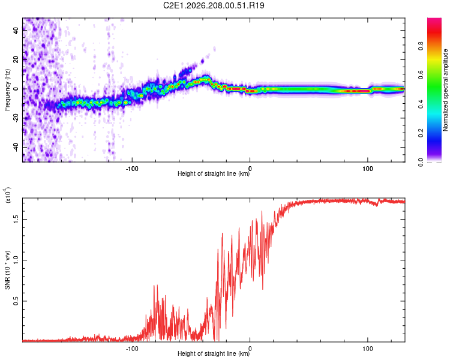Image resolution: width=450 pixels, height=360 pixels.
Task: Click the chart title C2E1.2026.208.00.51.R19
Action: click(214, 5)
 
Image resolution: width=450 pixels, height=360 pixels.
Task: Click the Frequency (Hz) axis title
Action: click(7, 90)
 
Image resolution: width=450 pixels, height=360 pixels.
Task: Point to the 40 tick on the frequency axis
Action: click(16, 30)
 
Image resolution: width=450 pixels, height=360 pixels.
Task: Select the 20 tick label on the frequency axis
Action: click(16, 59)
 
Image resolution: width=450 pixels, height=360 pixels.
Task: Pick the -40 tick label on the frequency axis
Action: click(16, 146)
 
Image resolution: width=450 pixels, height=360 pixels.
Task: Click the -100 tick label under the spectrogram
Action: click(132, 169)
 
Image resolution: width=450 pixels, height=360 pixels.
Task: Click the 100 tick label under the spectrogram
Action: click(368, 169)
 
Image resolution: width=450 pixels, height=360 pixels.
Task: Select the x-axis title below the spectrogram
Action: click(214, 173)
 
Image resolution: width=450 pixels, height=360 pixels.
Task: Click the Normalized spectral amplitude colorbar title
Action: click(445, 90)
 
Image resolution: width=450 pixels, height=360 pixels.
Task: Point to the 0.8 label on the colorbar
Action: click(421, 46)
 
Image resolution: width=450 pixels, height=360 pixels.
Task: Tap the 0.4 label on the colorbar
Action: click(421, 104)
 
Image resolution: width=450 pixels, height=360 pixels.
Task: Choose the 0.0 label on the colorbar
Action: click(421, 162)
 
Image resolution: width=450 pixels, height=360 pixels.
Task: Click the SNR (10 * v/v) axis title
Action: click(7, 270)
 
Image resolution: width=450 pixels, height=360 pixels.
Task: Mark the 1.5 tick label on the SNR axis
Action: click(16, 219)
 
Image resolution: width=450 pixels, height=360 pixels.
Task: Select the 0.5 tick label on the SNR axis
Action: click(16, 301)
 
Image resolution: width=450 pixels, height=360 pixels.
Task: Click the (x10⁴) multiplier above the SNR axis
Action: click(8, 195)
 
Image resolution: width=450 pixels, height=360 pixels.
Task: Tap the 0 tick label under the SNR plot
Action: click(250, 349)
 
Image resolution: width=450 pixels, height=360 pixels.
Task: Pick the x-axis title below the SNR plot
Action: click(214, 353)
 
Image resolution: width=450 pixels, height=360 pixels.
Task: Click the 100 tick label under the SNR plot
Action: click(368, 349)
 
